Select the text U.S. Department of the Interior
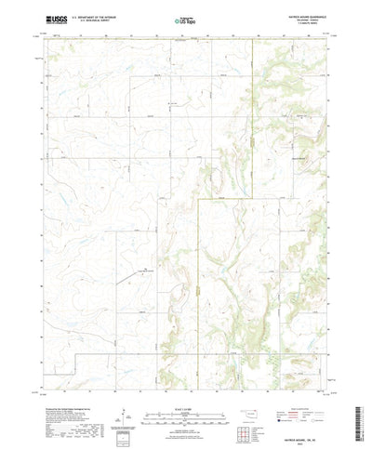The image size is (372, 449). pos(100,17)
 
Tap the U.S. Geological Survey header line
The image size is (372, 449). pos(99,20)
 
